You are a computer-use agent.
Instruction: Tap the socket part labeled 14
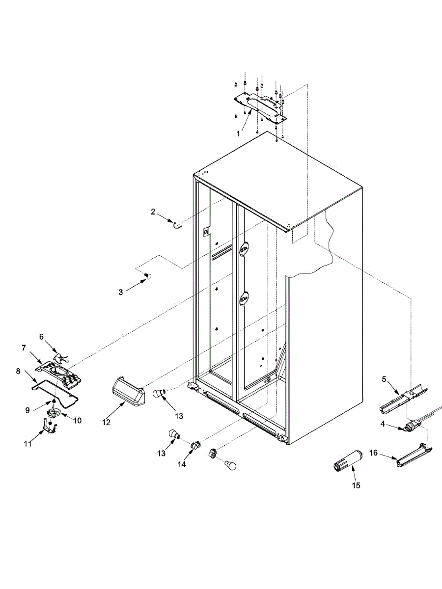coord(196,445)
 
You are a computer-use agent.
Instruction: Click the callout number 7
coord(23,348)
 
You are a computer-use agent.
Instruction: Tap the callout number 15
coord(356,485)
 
